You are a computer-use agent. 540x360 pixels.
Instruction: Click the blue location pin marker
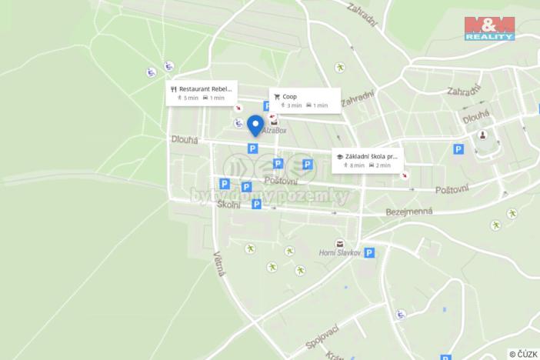coord(255,124)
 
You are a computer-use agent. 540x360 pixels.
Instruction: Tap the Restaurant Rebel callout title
coord(205,88)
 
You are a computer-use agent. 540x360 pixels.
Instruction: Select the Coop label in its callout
coord(290,96)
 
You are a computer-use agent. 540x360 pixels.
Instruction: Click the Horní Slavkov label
coord(339,253)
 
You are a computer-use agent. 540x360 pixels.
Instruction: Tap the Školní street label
coord(228,205)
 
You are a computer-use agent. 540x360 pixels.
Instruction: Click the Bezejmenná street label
coord(408,211)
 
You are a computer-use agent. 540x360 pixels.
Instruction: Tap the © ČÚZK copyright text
coord(522,353)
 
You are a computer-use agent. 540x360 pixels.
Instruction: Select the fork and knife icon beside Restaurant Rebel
coord(174,89)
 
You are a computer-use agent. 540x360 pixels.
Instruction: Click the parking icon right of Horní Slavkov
coord(369,252)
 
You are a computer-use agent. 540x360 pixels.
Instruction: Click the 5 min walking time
coord(188,98)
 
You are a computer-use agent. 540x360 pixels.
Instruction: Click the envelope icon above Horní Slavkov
coord(339,243)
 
